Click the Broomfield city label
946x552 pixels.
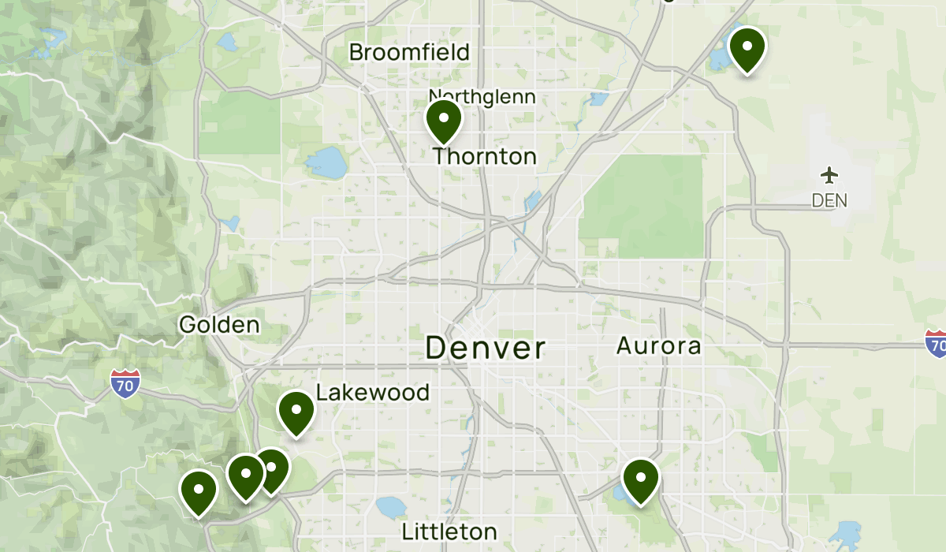(409, 53)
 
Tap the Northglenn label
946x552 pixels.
(482, 97)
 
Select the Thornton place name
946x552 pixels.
(485, 156)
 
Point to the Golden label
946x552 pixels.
(219, 324)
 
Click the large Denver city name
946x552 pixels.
(485, 348)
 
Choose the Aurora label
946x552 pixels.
(658, 345)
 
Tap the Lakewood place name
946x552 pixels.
(373, 393)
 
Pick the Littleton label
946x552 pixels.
(449, 531)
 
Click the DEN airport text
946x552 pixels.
(829, 200)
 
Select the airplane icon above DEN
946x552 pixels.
(829, 174)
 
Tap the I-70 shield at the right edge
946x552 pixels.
(936, 344)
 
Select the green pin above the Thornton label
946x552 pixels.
(444, 121)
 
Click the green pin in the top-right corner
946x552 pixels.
(747, 49)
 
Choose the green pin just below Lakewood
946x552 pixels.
(296, 412)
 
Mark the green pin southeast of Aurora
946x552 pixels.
(640, 480)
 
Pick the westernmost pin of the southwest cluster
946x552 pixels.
(199, 491)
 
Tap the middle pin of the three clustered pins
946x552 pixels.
(245, 476)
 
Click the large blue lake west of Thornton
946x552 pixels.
(326, 162)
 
